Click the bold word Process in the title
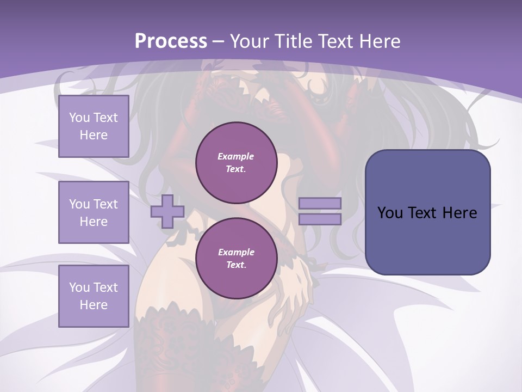tap(171, 41)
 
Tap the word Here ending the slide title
tap(379, 41)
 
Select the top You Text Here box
tap(94, 126)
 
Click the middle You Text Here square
tap(94, 212)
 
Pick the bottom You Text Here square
tap(94, 296)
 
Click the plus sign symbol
tap(167, 211)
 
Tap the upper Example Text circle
tap(236, 163)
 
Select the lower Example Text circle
tap(236, 259)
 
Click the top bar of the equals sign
tap(320, 204)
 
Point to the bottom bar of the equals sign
tap(320, 219)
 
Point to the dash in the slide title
tap(219, 41)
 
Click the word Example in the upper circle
tap(236, 156)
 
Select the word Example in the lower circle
tap(236, 252)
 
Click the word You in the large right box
tap(390, 213)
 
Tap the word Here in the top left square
tap(94, 135)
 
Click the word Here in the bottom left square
tap(94, 305)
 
